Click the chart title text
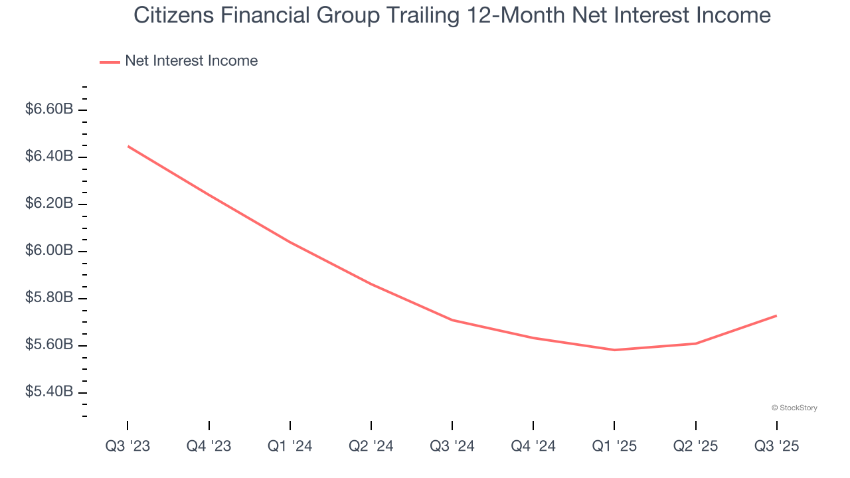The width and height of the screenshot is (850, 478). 452,15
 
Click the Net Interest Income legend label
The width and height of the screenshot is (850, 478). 191,61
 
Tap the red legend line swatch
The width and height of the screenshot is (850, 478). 110,62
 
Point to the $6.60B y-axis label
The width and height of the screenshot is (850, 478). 49,110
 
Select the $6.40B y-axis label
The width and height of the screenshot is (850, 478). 49,157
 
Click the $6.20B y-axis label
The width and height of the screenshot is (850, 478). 49,204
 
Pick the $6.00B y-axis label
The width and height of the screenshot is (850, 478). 49,251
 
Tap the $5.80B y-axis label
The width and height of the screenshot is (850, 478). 49,298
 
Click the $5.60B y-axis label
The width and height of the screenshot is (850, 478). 49,345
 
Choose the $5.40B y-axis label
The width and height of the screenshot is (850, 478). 49,392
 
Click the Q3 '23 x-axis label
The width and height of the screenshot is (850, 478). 127,447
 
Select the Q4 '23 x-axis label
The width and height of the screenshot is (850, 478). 209,447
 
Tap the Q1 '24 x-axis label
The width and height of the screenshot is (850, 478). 290,447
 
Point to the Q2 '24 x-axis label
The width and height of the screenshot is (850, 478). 371,447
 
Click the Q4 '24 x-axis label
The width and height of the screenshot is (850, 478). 533,447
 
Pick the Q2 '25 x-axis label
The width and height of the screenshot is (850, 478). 695,447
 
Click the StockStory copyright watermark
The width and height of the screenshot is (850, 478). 794,408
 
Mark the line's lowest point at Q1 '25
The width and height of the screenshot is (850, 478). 614,350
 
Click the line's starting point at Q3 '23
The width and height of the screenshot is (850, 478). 127,146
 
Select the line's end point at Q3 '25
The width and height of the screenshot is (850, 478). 776,315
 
